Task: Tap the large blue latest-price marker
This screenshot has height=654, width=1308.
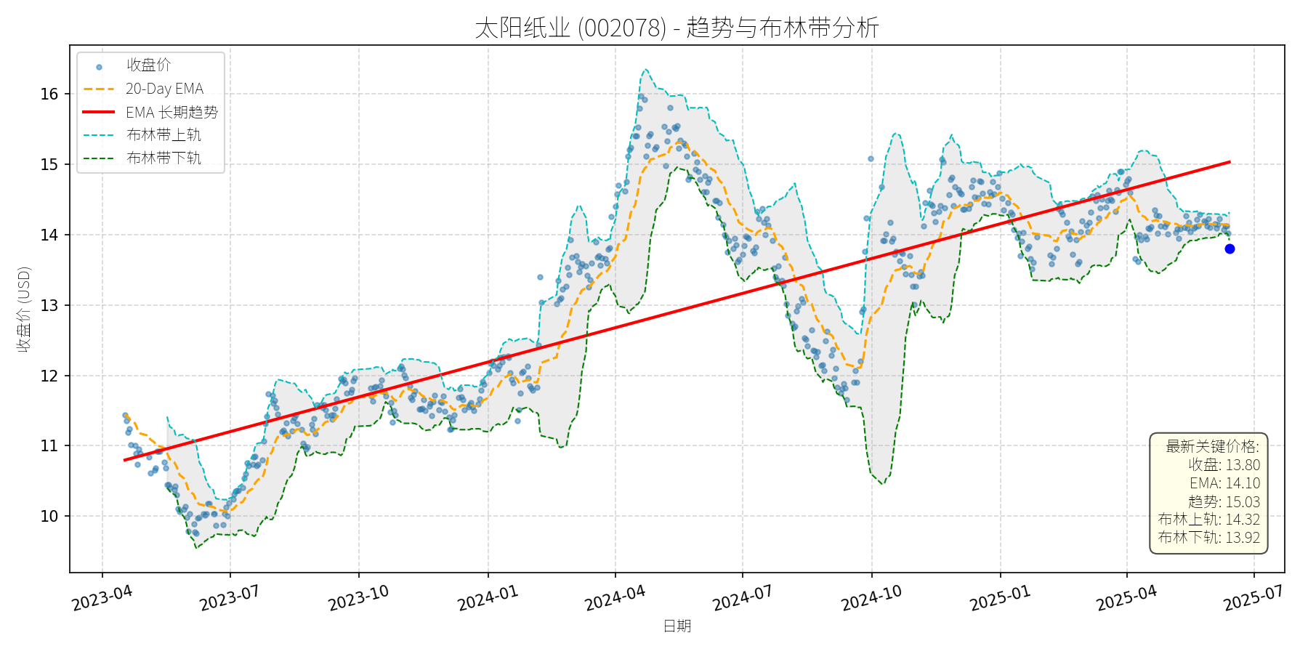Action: pyautogui.click(x=1230, y=249)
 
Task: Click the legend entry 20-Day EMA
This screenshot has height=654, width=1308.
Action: pyautogui.click(x=164, y=89)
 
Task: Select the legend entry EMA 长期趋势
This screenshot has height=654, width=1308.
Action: pyautogui.click(x=171, y=112)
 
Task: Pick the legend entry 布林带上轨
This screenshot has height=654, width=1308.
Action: pyautogui.click(x=163, y=134)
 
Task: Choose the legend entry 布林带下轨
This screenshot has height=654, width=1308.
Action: pyautogui.click(x=163, y=158)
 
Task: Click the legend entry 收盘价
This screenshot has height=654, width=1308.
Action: pyautogui.click(x=148, y=65)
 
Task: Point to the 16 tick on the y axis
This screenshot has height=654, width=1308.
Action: pyautogui.click(x=49, y=94)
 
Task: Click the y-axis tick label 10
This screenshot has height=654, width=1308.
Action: pyautogui.click(x=49, y=516)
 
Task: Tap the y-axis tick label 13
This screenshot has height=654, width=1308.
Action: pyautogui.click(x=49, y=305)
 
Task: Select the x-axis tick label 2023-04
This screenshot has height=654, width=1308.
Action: pyautogui.click(x=102, y=598)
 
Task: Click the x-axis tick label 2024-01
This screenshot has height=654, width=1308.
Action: pyautogui.click(x=488, y=598)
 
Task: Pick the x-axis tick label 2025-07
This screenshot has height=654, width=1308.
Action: pyautogui.click(x=1253, y=598)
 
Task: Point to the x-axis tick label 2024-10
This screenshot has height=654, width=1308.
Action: pyautogui.click(x=871, y=598)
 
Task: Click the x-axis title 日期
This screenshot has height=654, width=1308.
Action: pyautogui.click(x=677, y=626)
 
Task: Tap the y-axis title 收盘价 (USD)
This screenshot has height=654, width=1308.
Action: pyautogui.click(x=25, y=309)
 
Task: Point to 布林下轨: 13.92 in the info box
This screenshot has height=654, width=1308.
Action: pyautogui.click(x=1209, y=538)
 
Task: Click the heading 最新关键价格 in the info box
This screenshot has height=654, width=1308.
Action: pyautogui.click(x=1212, y=446)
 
